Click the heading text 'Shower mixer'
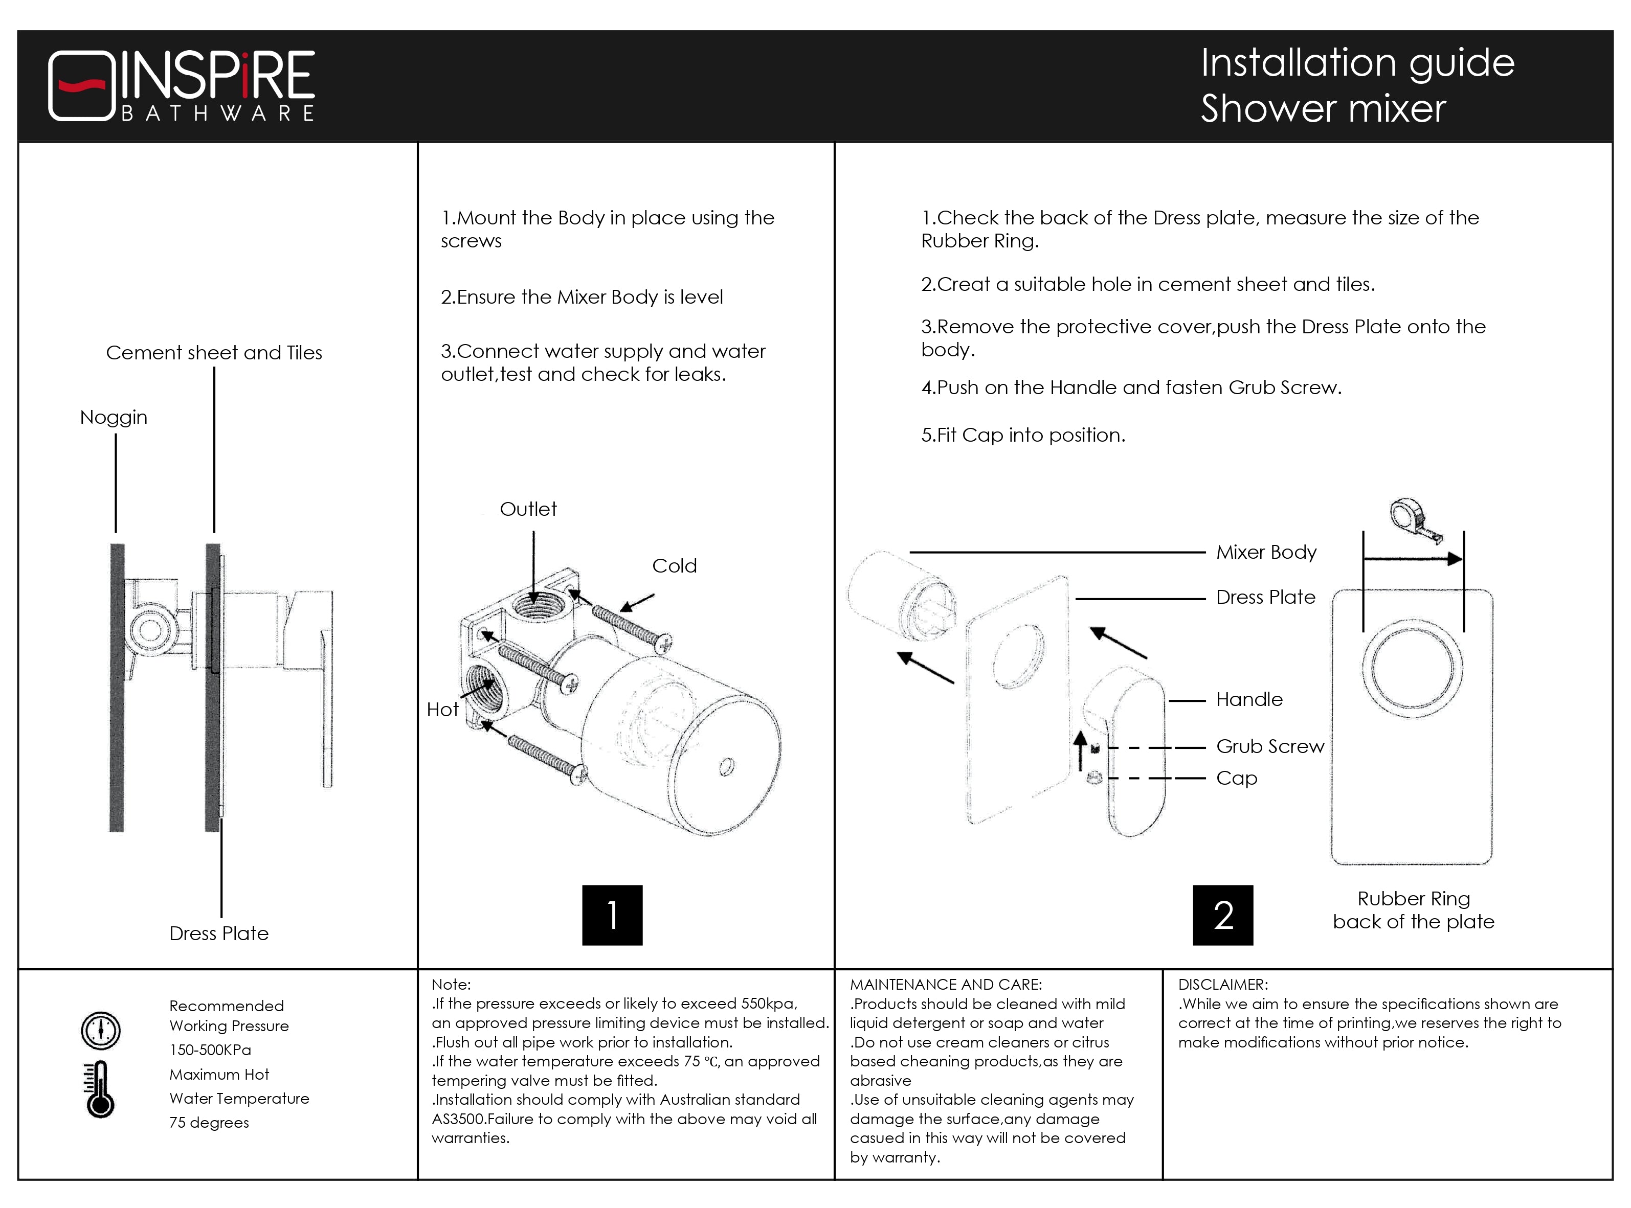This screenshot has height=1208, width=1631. coord(1323,109)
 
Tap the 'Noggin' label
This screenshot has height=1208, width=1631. coord(114,418)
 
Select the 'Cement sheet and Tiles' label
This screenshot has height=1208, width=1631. coord(214,353)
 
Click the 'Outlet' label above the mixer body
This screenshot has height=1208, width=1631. coord(527,509)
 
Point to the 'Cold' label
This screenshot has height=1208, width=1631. coord(674,566)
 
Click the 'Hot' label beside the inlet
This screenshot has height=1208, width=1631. coord(442,709)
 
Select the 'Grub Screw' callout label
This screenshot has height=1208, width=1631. coord(1270,746)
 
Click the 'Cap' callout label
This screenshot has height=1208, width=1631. coord(1236,778)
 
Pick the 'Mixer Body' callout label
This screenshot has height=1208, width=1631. coord(1266,552)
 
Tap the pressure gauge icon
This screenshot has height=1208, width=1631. coord(100,1030)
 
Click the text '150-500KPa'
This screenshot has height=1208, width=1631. coord(210,1050)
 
